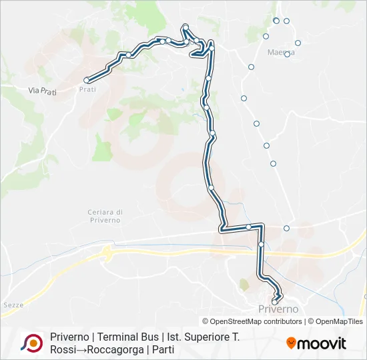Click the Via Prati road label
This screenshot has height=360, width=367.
(x=43, y=90)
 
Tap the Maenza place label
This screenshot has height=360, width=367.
(x=280, y=52)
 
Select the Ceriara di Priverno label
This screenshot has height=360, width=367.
(x=104, y=215)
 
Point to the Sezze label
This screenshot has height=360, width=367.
(x=13, y=305)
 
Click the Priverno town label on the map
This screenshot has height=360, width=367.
(x=278, y=309)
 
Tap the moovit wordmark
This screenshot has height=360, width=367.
(x=322, y=343)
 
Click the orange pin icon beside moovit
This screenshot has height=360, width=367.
(x=291, y=343)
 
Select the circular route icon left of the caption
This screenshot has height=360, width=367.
(x=31, y=343)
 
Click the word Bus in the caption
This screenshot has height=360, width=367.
(x=149, y=337)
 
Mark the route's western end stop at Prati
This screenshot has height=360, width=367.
(x=86, y=80)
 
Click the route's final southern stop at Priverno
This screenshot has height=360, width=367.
(x=274, y=302)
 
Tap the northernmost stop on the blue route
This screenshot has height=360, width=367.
(x=186, y=27)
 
